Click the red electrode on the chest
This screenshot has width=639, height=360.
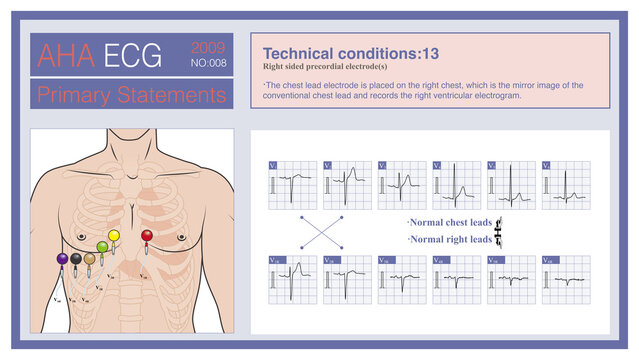click(147, 237)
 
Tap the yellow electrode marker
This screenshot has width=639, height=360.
click(113, 237)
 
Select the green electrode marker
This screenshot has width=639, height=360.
click(102, 247)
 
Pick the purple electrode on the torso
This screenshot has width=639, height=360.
click(62, 259)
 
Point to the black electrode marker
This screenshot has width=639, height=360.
click(75, 259)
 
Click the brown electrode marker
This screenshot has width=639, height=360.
click(89, 259)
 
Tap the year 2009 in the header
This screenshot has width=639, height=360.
click(207, 47)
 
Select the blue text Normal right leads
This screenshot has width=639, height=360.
click(449, 240)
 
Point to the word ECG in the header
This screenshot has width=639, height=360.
click(132, 56)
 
